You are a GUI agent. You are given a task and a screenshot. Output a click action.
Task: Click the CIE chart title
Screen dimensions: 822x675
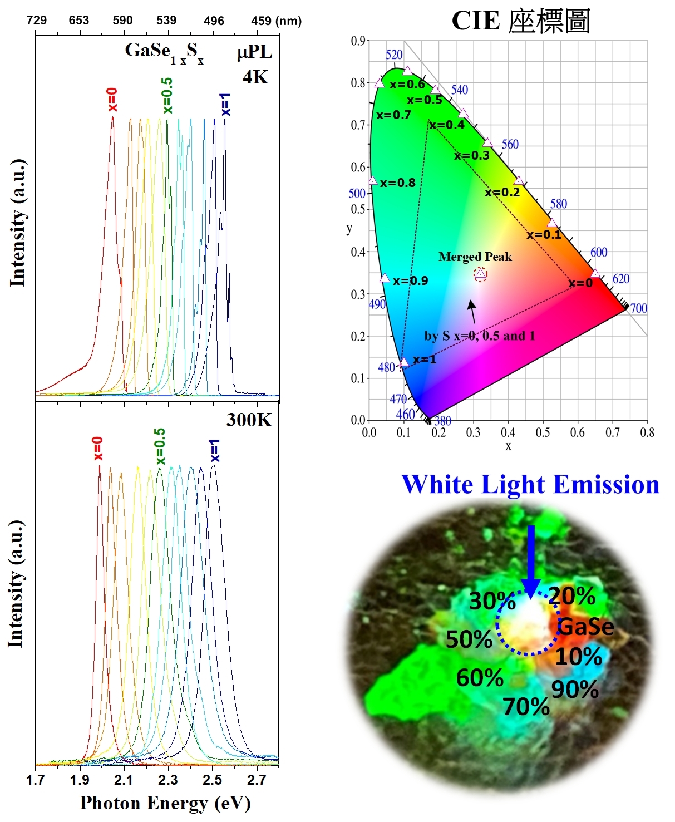[520, 21]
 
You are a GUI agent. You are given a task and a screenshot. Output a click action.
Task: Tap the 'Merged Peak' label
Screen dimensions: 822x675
[475, 257]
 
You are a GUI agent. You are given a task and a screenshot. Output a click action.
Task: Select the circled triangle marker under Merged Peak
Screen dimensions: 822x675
[480, 274]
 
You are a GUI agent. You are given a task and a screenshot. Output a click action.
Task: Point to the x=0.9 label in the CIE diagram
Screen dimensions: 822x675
[410, 280]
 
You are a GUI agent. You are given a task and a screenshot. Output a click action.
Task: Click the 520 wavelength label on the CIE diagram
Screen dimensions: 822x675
[394, 55]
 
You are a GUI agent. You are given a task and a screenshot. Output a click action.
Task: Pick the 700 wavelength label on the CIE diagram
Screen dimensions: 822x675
[638, 308]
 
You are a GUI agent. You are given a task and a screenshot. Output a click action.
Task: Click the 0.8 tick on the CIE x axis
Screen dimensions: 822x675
[647, 432]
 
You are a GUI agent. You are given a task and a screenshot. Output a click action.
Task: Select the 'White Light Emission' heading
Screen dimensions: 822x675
[530, 484]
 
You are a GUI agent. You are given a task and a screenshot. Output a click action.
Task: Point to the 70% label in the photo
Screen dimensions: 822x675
[526, 707]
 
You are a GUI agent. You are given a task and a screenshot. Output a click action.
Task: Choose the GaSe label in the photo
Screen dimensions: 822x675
[585, 627]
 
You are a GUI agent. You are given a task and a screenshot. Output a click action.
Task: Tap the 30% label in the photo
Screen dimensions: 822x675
[492, 601]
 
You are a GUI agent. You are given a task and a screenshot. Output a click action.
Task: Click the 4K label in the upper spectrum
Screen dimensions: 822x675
[255, 77]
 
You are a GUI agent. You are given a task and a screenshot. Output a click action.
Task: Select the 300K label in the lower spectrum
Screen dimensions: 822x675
[249, 420]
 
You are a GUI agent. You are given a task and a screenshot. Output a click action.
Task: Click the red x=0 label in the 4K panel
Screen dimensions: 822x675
[112, 100]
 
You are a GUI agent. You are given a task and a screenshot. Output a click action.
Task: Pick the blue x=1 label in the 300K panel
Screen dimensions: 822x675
[215, 451]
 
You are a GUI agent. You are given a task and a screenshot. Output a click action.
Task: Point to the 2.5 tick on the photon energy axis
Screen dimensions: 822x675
[213, 780]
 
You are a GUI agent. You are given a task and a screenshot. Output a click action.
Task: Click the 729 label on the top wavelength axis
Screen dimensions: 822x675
[37, 21]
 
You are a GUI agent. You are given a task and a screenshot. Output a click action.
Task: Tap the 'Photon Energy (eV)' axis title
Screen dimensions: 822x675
[165, 803]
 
